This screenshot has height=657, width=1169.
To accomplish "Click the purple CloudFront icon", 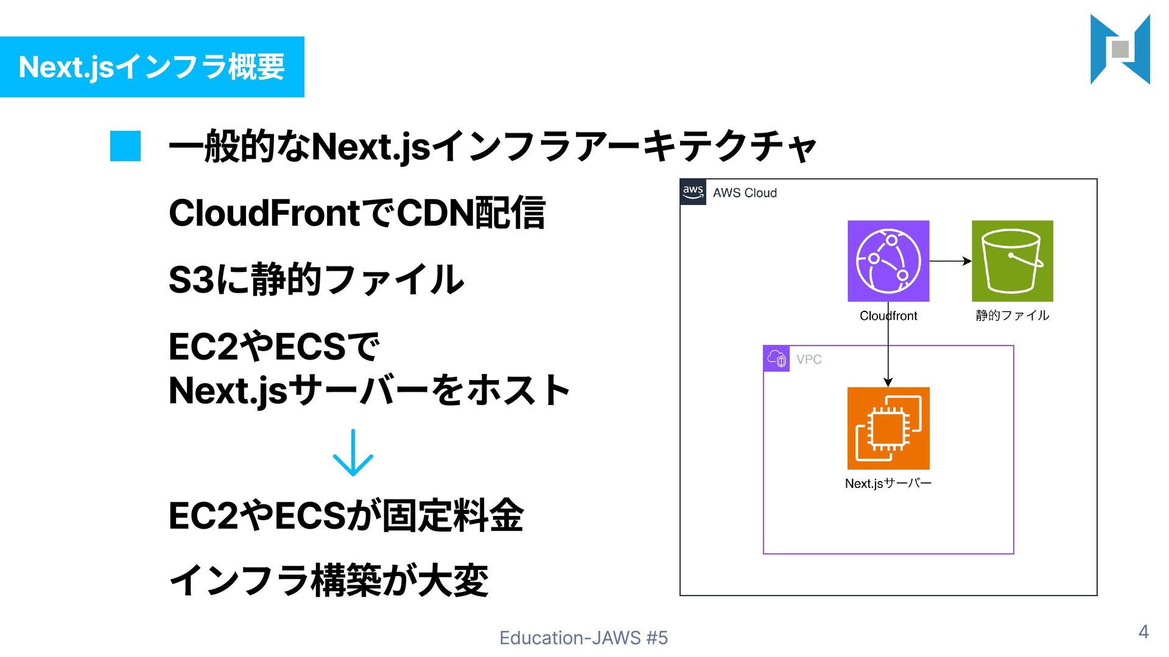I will [x=888, y=261].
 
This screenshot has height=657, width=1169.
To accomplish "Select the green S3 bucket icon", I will [x=1012, y=261].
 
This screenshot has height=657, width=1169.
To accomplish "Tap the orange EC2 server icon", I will [x=888, y=428].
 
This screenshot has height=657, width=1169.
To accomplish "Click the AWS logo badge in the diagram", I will [x=693, y=192].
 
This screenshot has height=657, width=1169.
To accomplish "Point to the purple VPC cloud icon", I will [x=776, y=359].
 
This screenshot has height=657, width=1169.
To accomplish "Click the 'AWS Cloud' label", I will [x=745, y=193].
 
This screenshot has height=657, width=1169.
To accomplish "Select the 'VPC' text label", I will [x=809, y=360].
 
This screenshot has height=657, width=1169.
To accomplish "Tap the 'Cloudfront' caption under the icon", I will [x=888, y=316].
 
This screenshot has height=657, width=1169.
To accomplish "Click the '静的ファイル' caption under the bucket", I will [x=1012, y=315].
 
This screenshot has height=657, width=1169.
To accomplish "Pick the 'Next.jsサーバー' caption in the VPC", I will [x=888, y=484].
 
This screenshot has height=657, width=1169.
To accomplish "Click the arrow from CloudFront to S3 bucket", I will [x=950, y=261].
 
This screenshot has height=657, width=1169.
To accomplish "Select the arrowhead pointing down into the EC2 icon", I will [x=888, y=382].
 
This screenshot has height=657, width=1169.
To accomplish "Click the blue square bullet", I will [x=125, y=146].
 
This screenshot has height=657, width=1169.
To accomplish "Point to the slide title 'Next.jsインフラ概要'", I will [x=152, y=67].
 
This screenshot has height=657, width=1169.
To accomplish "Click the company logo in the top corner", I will [x=1120, y=49].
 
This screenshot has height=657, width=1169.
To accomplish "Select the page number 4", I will [x=1143, y=632].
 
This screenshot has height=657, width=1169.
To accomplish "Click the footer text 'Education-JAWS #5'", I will [x=583, y=638].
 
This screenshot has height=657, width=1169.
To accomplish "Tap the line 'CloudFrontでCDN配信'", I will [x=357, y=214].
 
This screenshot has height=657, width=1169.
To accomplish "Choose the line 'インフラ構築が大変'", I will [x=329, y=580].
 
